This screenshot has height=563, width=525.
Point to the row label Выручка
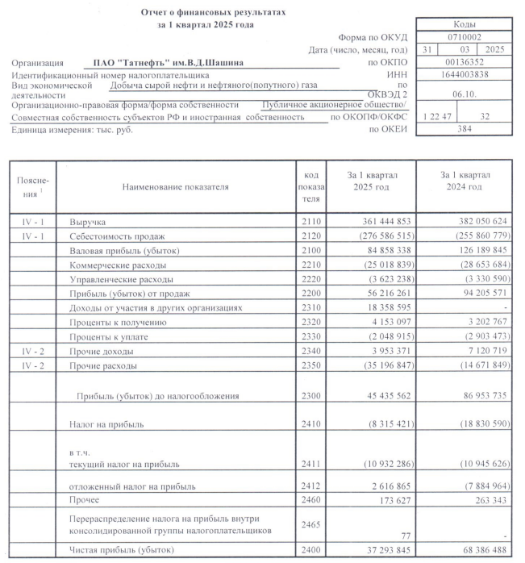[x=88, y=220]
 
